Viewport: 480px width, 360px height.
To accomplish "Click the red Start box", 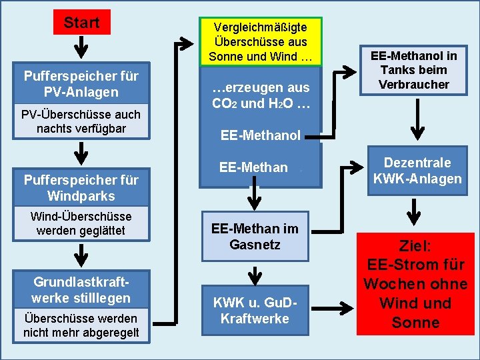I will [81, 23].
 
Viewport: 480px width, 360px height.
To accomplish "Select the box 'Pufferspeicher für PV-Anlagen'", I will [81, 84].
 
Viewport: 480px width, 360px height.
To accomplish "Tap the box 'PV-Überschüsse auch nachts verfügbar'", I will [81, 121].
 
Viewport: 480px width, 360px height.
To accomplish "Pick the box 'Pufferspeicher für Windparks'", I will [81, 188].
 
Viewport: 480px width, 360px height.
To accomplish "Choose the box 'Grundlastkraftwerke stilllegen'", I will [81, 289].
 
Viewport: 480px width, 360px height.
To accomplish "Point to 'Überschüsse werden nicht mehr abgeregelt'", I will [81, 325].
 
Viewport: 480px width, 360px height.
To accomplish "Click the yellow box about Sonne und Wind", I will [261, 41].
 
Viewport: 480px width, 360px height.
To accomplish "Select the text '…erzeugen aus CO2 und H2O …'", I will [261, 95].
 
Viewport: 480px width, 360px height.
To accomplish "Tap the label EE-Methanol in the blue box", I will [261, 136].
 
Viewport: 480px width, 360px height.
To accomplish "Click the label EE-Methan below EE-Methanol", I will [253, 167].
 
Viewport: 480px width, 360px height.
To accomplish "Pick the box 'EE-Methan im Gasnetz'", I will [255, 237].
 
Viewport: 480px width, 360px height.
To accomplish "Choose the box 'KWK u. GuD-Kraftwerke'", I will [255, 310].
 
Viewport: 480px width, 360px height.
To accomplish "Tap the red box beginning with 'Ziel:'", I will [415, 284].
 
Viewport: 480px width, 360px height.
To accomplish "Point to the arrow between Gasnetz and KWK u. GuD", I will [254, 273].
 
